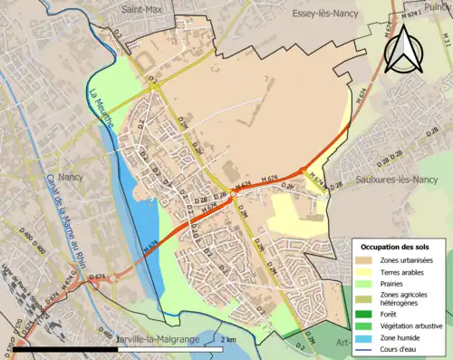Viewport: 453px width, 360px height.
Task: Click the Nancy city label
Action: tap(70, 178)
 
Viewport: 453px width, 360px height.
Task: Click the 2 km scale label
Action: tap(228, 340)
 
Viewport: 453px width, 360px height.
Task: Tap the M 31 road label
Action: tap(446, 40)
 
